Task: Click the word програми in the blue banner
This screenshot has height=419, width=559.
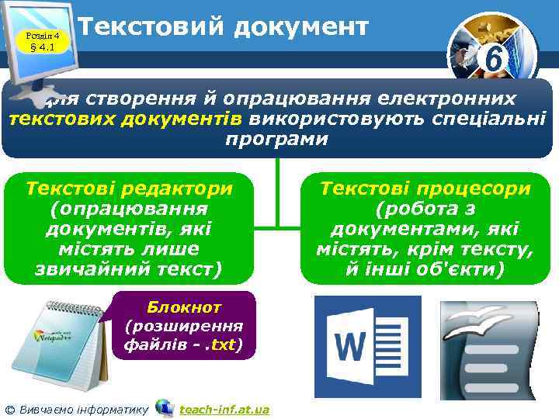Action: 277,140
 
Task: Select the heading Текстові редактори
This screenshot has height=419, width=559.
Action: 129,189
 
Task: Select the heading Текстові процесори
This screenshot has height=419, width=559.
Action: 426,189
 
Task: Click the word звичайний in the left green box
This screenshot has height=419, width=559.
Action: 96,269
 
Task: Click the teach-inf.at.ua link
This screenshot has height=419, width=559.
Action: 224,409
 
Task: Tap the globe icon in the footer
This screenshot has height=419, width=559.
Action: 164,407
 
